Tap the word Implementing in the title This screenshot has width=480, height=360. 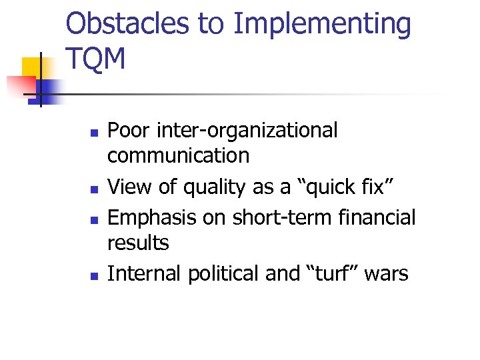(323, 25)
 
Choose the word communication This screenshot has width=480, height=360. (179, 156)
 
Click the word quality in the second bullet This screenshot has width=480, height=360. (213, 188)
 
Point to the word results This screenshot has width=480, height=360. (139, 243)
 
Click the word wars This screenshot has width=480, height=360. (387, 274)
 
